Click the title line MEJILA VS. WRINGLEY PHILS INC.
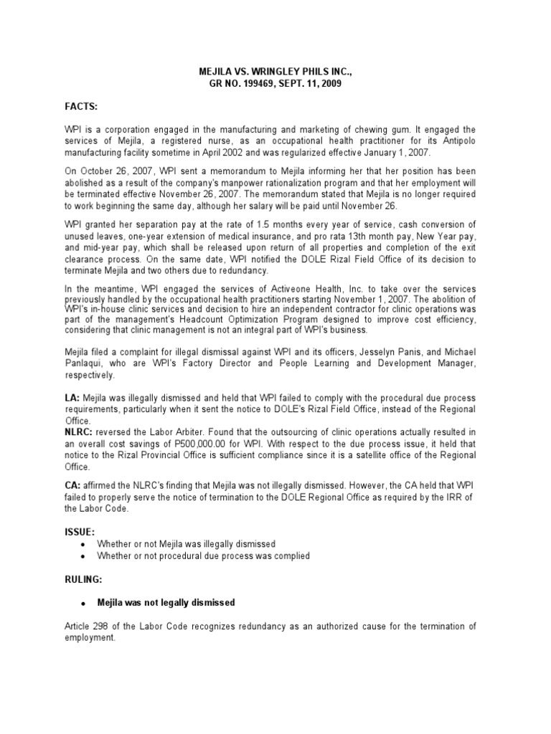(275, 72)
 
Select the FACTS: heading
(80, 105)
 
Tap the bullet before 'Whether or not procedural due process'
(84, 556)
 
